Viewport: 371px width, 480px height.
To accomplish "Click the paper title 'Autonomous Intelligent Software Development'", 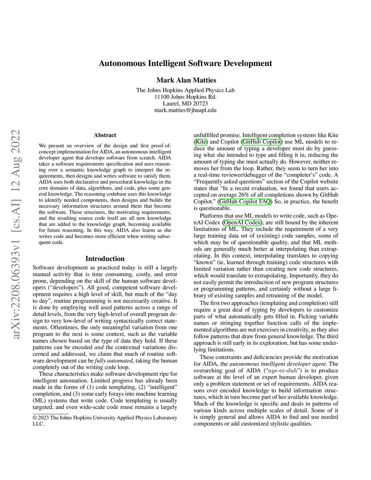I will pos(185,63).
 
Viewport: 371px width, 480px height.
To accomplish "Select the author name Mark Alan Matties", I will pos(185,80).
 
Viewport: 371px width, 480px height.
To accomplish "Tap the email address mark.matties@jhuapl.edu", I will pos(185,110).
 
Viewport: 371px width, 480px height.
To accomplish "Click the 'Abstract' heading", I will pos(105,135).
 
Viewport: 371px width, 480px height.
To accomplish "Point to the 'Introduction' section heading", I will pos(105,259).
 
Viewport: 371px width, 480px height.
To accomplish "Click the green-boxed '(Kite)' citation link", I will pos(201,142).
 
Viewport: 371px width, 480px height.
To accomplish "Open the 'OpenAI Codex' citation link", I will pos(242,222).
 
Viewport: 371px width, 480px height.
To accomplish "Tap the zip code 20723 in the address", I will pos(200,104).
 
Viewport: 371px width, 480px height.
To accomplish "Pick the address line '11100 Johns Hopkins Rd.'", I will pos(185,97).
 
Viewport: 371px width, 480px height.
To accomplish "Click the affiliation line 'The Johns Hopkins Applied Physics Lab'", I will pos(185,90).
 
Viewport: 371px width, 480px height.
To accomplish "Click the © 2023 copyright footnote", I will pos(105,421).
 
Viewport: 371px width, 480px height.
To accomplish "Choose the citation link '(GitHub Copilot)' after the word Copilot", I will pos(261,142).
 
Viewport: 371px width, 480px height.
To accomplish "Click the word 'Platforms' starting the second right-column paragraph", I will pos(212,216).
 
